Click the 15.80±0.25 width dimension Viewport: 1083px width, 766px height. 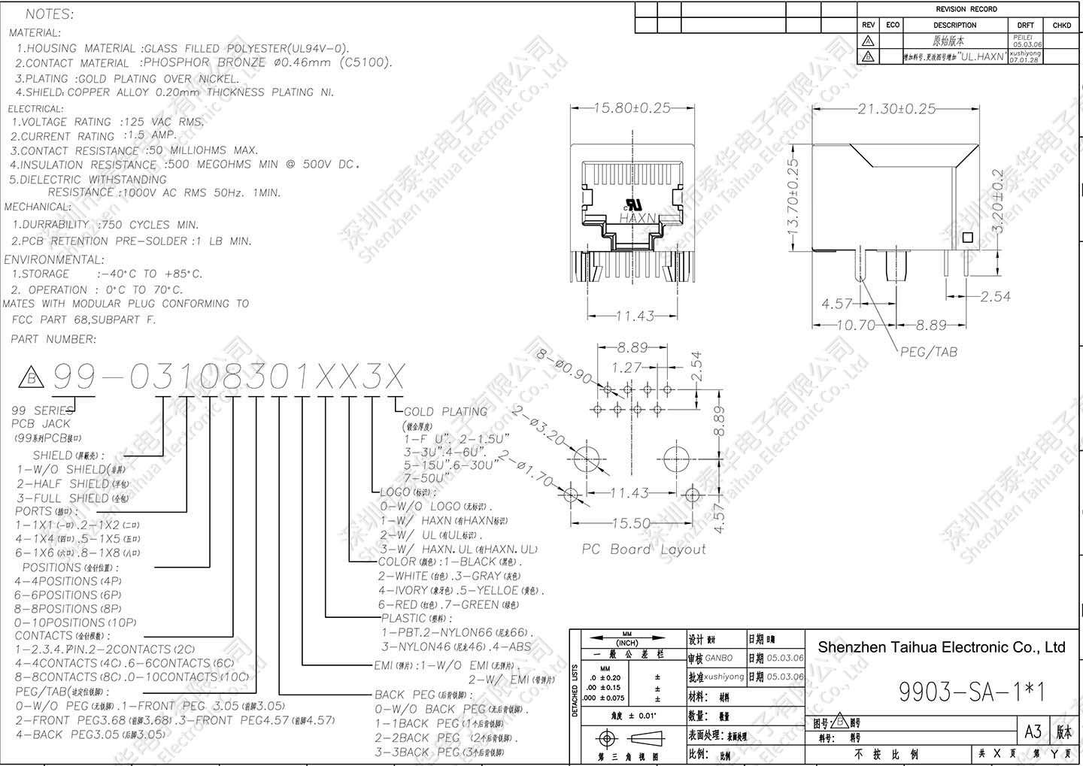pyautogui.click(x=632, y=108)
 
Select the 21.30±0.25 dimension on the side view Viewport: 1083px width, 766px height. pyautogui.click(x=896, y=109)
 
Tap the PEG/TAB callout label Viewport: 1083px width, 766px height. pyautogui.click(x=929, y=351)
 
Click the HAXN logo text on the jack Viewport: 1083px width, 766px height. pyautogui.click(x=639, y=218)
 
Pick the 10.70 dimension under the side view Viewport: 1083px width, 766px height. pyautogui.click(x=856, y=325)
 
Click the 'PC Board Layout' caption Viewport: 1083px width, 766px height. pyautogui.click(x=644, y=550)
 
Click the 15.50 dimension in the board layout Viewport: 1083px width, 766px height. pyautogui.click(x=631, y=522)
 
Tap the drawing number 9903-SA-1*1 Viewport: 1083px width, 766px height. pyautogui.click(x=972, y=692)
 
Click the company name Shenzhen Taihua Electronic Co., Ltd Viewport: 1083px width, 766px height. pyautogui.click(x=942, y=647)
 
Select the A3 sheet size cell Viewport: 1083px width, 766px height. pyautogui.click(x=1033, y=731)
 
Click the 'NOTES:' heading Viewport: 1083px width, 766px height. pyautogui.click(x=50, y=14)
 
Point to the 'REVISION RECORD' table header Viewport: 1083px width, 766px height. pyautogui.click(x=966, y=9)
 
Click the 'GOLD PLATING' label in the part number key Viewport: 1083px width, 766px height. pyautogui.click(x=445, y=412)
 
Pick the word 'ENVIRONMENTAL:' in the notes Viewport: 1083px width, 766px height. pyautogui.click(x=54, y=259)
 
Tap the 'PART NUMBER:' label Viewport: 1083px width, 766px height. pyautogui.click(x=53, y=339)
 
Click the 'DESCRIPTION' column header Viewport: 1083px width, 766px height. pyautogui.click(x=954, y=25)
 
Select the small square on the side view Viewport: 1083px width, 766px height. pyautogui.click(x=967, y=238)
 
